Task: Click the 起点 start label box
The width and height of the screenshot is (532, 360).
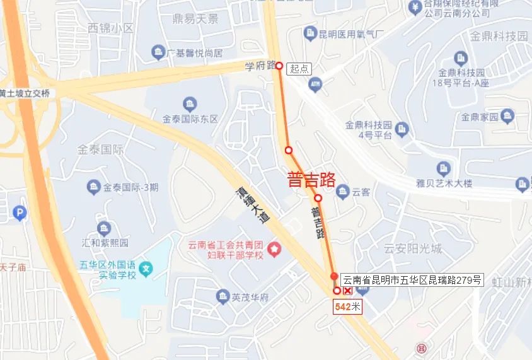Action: [300, 69]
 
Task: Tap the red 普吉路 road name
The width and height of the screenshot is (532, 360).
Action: [311, 180]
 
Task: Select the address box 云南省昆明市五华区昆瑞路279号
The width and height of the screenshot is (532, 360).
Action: [412, 280]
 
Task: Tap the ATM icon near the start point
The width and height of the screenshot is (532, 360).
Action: [316, 83]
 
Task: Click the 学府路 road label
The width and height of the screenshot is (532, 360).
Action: [260, 65]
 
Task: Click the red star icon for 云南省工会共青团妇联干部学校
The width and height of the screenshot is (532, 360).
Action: [274, 250]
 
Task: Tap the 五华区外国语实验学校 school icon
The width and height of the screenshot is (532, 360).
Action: [146, 270]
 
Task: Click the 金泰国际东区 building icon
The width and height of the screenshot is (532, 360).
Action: [189, 104]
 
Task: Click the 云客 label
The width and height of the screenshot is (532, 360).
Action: [361, 192]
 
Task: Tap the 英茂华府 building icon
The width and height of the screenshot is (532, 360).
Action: [222, 296]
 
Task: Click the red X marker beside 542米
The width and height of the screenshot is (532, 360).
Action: [347, 291]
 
